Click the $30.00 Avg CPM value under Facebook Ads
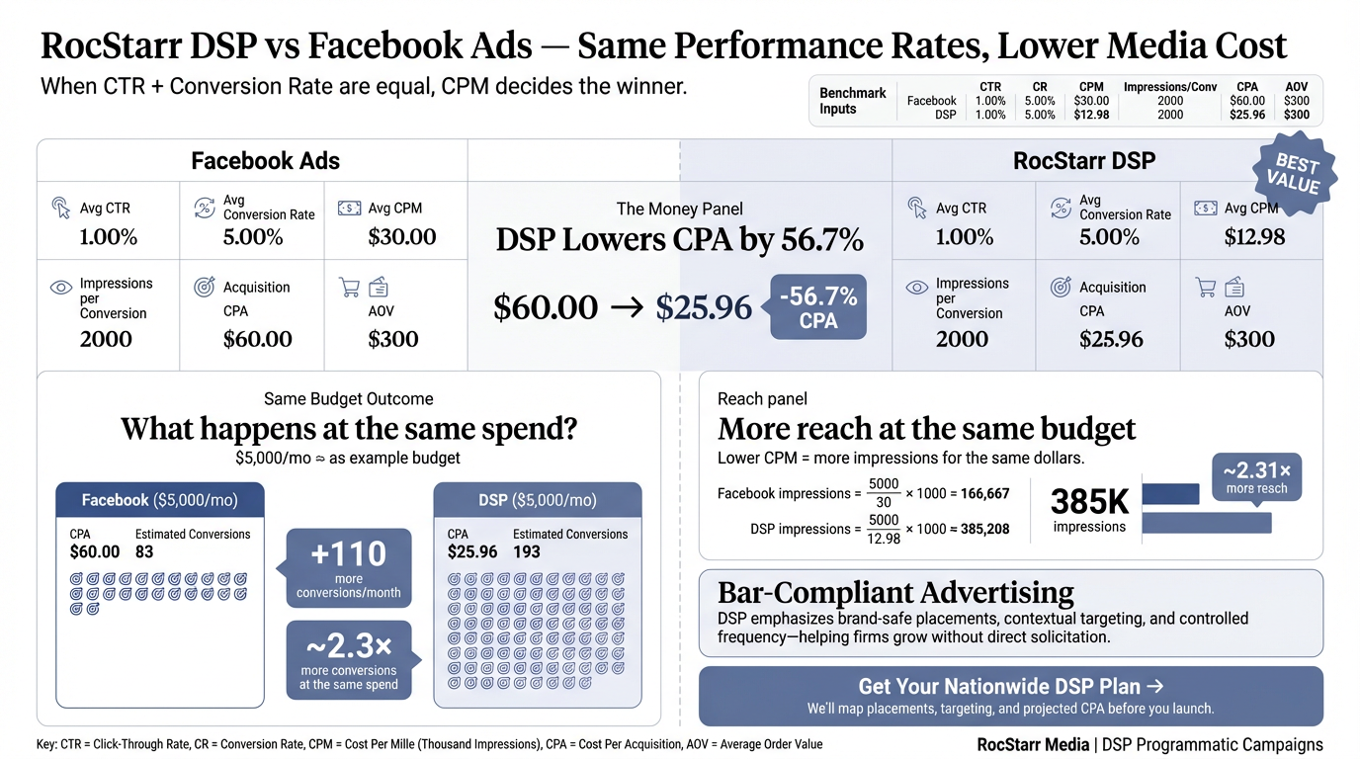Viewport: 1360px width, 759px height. click(401, 237)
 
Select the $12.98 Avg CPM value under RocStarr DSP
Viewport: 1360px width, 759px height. click(1255, 237)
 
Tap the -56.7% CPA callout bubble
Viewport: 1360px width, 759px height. click(817, 307)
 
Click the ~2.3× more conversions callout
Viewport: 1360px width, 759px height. click(349, 659)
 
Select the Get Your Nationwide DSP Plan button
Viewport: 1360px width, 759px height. click(1010, 696)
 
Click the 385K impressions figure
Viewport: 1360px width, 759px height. click(1089, 502)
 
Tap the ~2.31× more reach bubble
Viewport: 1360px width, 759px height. click(1256, 476)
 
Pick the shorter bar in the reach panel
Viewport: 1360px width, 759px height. click(1170, 493)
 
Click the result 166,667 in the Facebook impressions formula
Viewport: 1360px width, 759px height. click(984, 493)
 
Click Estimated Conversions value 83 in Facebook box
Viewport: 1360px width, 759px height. click(144, 551)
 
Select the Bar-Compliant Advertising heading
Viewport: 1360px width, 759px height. click(895, 592)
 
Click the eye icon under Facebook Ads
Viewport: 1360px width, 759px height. click(61, 288)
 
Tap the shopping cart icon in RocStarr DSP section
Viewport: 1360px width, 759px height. click(1206, 288)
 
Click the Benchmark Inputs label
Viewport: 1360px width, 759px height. click(852, 101)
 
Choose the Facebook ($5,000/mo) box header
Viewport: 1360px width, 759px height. click(160, 500)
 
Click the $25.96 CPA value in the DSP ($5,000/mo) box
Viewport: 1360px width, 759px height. click(472, 551)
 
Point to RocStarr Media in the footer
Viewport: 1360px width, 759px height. click(1031, 744)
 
